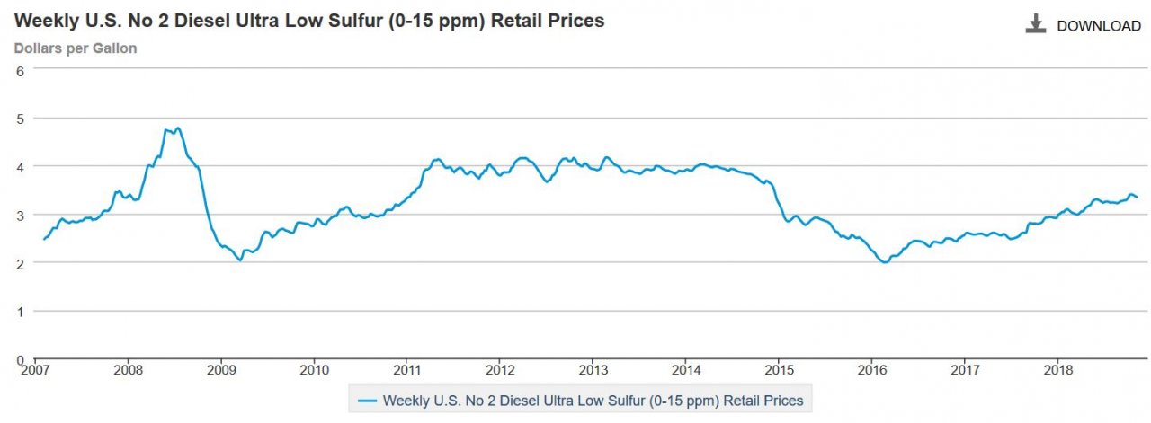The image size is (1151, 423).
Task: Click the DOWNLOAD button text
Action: (1098, 26)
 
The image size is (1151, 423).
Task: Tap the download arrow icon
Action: (1036, 24)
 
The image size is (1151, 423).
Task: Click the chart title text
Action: (309, 21)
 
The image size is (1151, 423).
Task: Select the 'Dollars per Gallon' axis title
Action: (76, 48)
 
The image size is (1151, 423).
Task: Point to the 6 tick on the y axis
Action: (19, 70)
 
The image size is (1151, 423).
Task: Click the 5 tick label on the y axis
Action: (19, 118)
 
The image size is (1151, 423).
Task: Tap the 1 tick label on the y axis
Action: (19, 311)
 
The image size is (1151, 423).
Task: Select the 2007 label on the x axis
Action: (36, 369)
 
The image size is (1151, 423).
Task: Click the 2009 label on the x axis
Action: (221, 369)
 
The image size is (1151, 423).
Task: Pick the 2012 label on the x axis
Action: (500, 369)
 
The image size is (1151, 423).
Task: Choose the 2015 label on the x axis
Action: (779, 369)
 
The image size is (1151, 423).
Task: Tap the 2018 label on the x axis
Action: (1057, 369)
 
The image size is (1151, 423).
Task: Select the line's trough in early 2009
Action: (239, 260)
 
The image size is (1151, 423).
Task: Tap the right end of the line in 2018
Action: (1138, 197)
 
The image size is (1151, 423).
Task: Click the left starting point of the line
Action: (43, 239)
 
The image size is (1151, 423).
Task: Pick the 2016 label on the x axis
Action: (871, 369)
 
